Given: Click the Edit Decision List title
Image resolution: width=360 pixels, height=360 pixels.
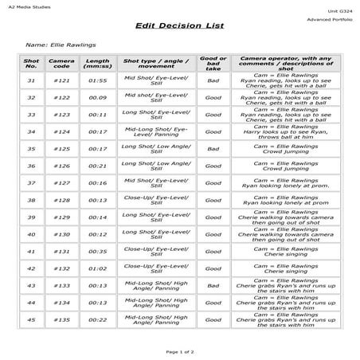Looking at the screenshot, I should coord(179,26).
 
